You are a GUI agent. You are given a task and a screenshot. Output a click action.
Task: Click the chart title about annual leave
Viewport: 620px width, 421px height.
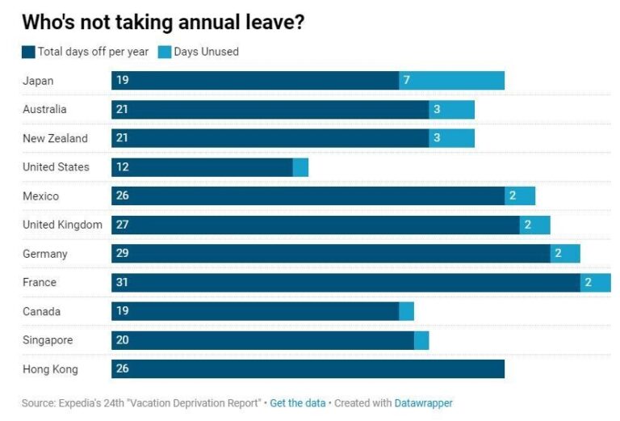(163, 22)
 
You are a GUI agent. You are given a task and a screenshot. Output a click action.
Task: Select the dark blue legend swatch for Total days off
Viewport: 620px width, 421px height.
(28, 52)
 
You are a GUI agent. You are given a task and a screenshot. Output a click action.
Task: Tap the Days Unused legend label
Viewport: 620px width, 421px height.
(206, 52)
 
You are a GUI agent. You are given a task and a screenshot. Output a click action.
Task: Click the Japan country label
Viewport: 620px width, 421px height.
(38, 81)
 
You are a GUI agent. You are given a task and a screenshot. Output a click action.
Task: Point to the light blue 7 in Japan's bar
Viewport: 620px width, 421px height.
(407, 81)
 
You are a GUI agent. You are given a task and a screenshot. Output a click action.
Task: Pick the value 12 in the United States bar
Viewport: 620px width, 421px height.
(122, 167)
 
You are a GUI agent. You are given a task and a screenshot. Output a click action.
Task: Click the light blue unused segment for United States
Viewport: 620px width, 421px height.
(300, 167)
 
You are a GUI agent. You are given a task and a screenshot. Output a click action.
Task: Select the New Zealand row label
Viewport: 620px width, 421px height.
(55, 138)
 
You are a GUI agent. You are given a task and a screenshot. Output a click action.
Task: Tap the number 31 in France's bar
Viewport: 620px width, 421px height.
(122, 283)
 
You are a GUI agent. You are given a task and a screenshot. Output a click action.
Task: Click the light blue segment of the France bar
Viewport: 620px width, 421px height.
(595, 283)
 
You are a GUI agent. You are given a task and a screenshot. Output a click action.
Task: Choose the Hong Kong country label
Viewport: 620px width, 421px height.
(50, 369)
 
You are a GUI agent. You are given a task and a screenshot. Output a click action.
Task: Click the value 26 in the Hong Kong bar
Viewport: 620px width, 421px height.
(122, 369)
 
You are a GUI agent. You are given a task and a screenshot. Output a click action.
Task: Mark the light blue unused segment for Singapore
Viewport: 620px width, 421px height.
(421, 340)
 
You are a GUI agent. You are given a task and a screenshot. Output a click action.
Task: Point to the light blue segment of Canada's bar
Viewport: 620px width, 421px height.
(406, 311)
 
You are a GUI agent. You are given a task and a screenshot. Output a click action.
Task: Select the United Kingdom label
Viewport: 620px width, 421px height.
(62, 225)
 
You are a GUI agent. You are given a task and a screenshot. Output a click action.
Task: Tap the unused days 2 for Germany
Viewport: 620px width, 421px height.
(558, 254)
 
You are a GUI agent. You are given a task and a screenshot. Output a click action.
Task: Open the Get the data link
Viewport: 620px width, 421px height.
(298, 402)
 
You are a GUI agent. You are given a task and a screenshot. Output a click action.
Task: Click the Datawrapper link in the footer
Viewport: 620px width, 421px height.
(424, 402)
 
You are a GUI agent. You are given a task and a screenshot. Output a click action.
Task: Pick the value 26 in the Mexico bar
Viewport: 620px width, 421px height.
(122, 196)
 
